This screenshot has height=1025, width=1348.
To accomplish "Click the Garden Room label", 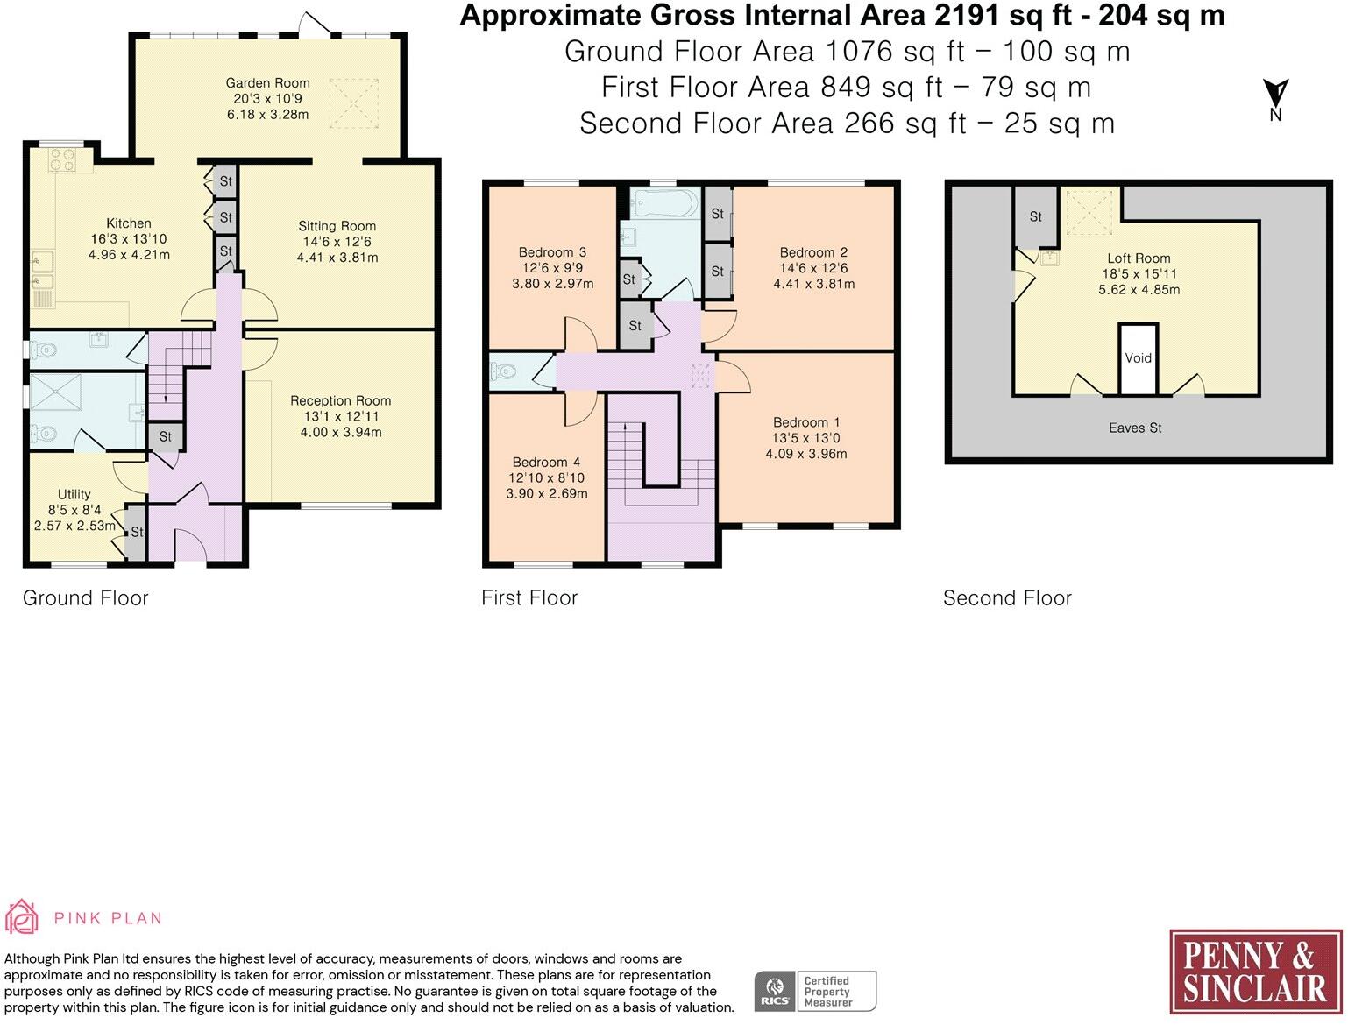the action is coord(267,83).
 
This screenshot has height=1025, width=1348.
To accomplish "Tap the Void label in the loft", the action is coord(1138,357).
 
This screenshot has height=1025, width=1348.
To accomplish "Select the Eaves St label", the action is coord(1135,428).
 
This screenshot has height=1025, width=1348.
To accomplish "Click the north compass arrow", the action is coord(1275,93).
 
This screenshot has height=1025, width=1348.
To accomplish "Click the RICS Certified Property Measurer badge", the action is coord(815,991).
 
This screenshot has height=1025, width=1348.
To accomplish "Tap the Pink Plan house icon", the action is coord(22,916).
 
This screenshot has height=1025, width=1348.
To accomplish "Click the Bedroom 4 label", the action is coord(546,463).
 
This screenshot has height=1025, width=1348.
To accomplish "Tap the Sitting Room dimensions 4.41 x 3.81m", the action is coord(337,258).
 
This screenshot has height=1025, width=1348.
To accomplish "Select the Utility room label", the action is coord(74,494).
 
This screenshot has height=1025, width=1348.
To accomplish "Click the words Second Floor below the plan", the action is coord(1007,597).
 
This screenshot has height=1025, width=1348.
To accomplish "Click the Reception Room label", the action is coord(340,400).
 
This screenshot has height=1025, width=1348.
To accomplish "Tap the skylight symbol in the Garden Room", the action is coord(354,103).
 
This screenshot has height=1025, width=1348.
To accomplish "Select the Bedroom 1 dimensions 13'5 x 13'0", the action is coord(805,438).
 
